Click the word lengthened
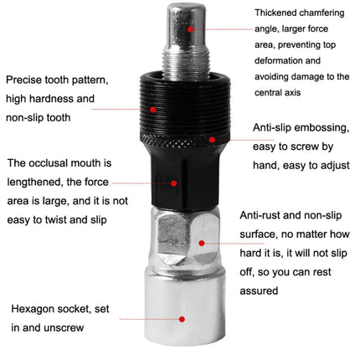[x=37, y=182]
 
